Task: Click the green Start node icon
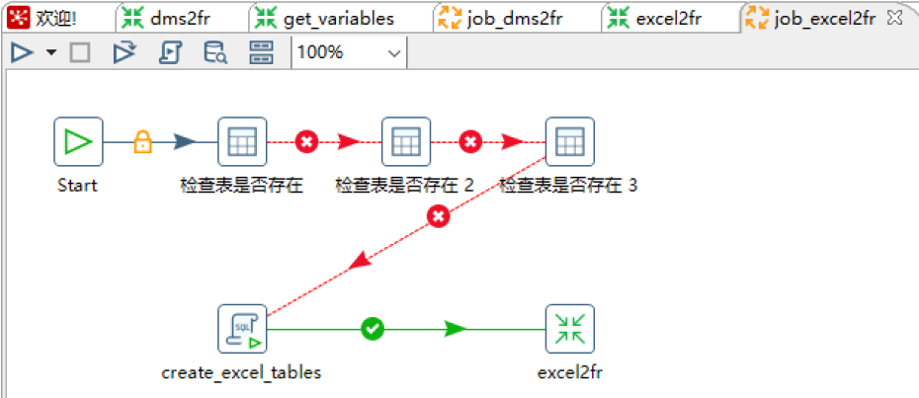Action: point(78,143)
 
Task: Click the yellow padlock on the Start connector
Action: point(142,143)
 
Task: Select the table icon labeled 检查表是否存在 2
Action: point(405,143)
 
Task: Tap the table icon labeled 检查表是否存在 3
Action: point(569,143)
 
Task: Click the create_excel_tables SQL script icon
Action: point(242,329)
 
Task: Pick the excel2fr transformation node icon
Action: point(569,329)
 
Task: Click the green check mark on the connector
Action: point(372,329)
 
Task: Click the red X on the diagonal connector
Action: point(439,214)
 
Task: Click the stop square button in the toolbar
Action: point(80,53)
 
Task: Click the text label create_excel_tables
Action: point(241,372)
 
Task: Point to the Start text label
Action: point(77,185)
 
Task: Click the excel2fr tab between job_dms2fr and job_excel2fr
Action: point(660,17)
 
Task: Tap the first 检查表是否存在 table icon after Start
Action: point(242,143)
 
